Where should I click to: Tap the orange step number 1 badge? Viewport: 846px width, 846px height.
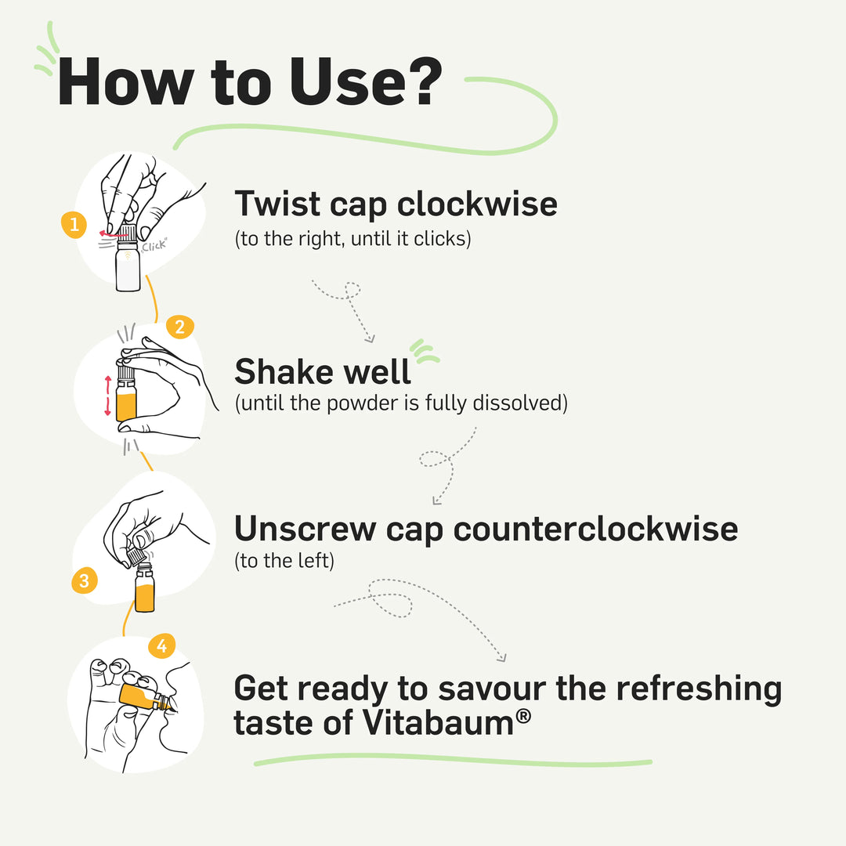[74, 226]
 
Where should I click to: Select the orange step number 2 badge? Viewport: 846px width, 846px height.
[179, 327]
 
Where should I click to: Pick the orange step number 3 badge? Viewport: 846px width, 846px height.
[84, 581]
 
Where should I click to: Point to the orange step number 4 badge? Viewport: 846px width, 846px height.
[161, 646]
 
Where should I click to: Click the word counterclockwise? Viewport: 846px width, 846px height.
[595, 530]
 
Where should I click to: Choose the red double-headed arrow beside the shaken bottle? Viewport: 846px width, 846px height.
[108, 396]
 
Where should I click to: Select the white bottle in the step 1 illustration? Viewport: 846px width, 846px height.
[128, 267]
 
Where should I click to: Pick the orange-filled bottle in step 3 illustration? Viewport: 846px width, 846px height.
[145, 589]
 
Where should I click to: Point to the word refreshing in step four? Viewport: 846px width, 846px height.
[698, 689]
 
